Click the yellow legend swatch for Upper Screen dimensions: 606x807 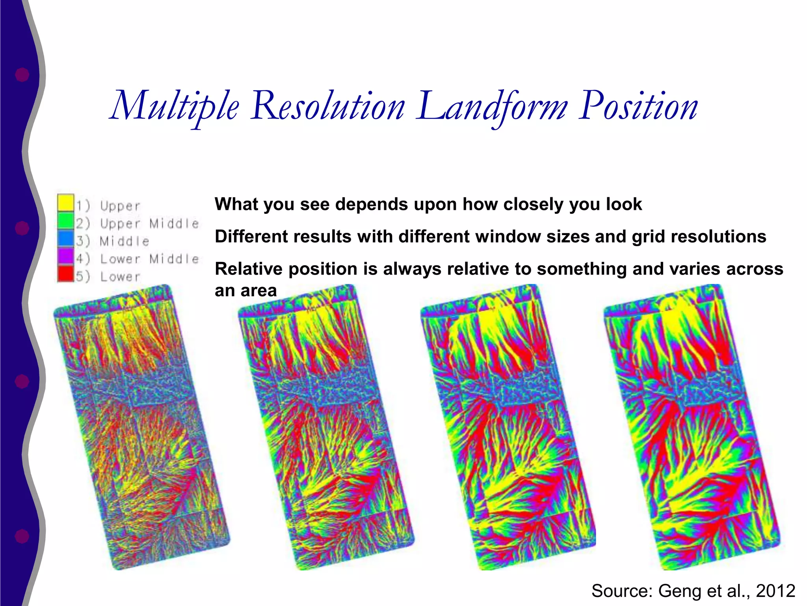coord(65,203)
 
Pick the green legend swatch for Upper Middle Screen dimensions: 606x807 coord(65,221)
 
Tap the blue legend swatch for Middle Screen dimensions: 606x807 coord(65,238)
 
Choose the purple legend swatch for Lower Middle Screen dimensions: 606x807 coord(65,256)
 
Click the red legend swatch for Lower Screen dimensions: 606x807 coord(65,274)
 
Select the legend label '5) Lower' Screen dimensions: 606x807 coord(108,276)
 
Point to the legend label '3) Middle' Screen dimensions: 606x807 coord(113,241)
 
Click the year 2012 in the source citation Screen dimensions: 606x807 coord(775,591)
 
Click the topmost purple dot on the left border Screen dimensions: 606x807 coord(22,75)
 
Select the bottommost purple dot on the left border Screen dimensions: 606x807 coord(22,536)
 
